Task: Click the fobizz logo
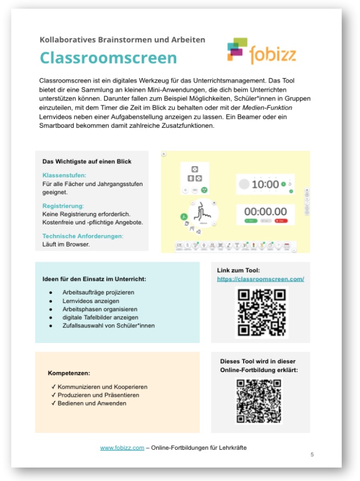pos(261,51)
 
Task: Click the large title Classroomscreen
pos(108,58)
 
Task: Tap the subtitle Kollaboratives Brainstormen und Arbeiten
pos(122,39)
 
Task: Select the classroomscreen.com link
pos(260,279)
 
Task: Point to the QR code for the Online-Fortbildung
pos(259,402)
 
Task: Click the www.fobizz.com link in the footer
pos(122,448)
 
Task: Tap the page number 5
pos(312,455)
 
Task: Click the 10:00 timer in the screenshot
pos(265,184)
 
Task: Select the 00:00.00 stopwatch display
pos(266,211)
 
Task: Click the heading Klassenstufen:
pos(64,175)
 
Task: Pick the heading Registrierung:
pos(63,206)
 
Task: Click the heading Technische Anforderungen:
pos(83,236)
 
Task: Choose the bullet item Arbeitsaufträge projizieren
pos(99,292)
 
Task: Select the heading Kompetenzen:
pos(69,373)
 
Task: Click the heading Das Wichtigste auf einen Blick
pos(87,161)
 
